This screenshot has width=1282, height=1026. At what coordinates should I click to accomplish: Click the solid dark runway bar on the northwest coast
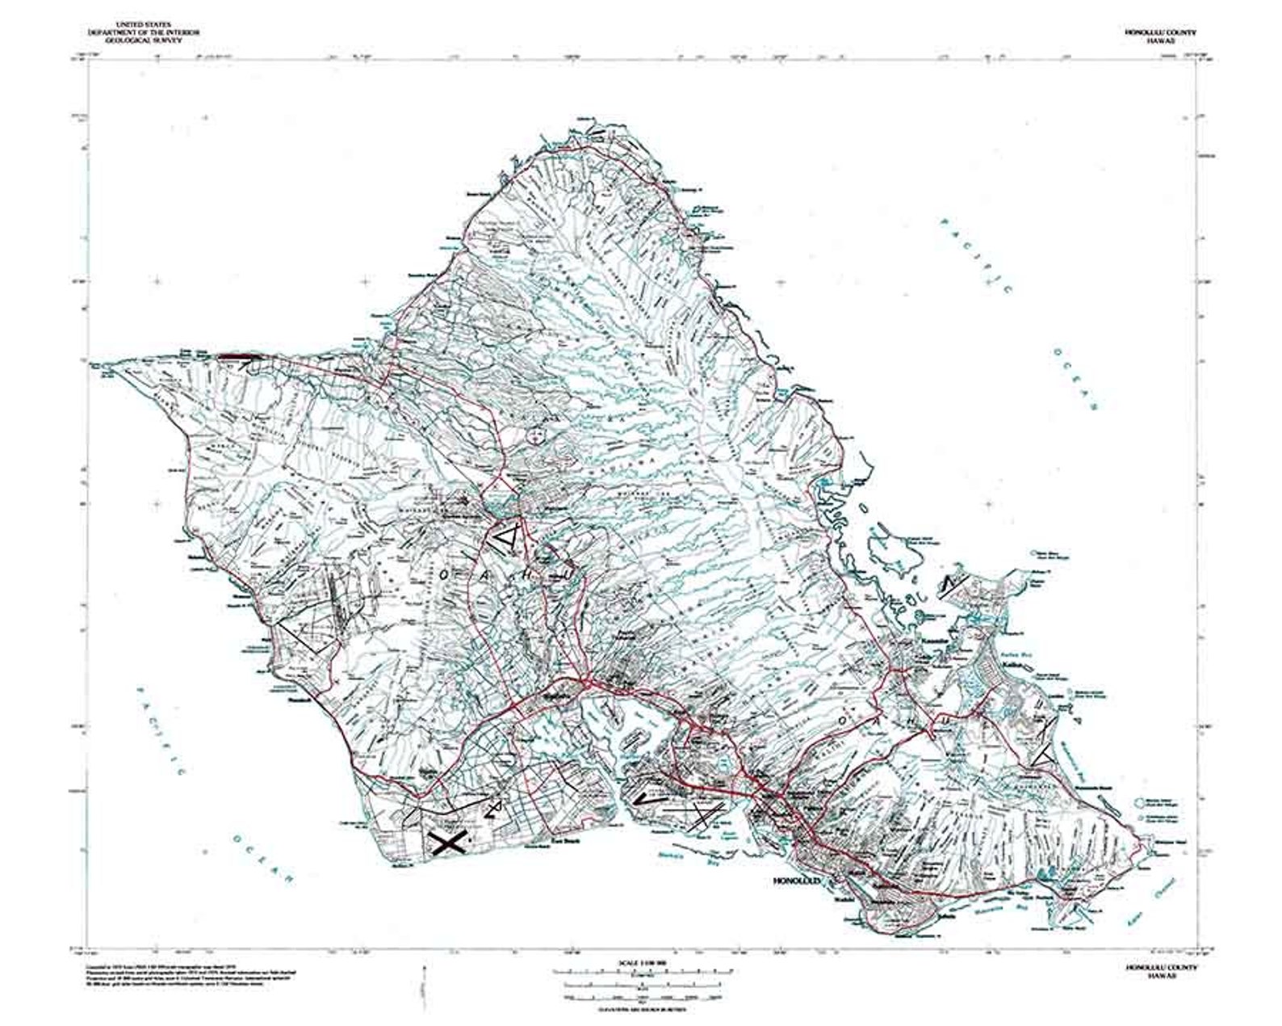[236, 355]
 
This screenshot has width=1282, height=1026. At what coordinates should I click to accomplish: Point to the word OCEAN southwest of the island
[262, 858]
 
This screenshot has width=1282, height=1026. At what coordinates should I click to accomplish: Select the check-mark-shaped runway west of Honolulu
[651, 797]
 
